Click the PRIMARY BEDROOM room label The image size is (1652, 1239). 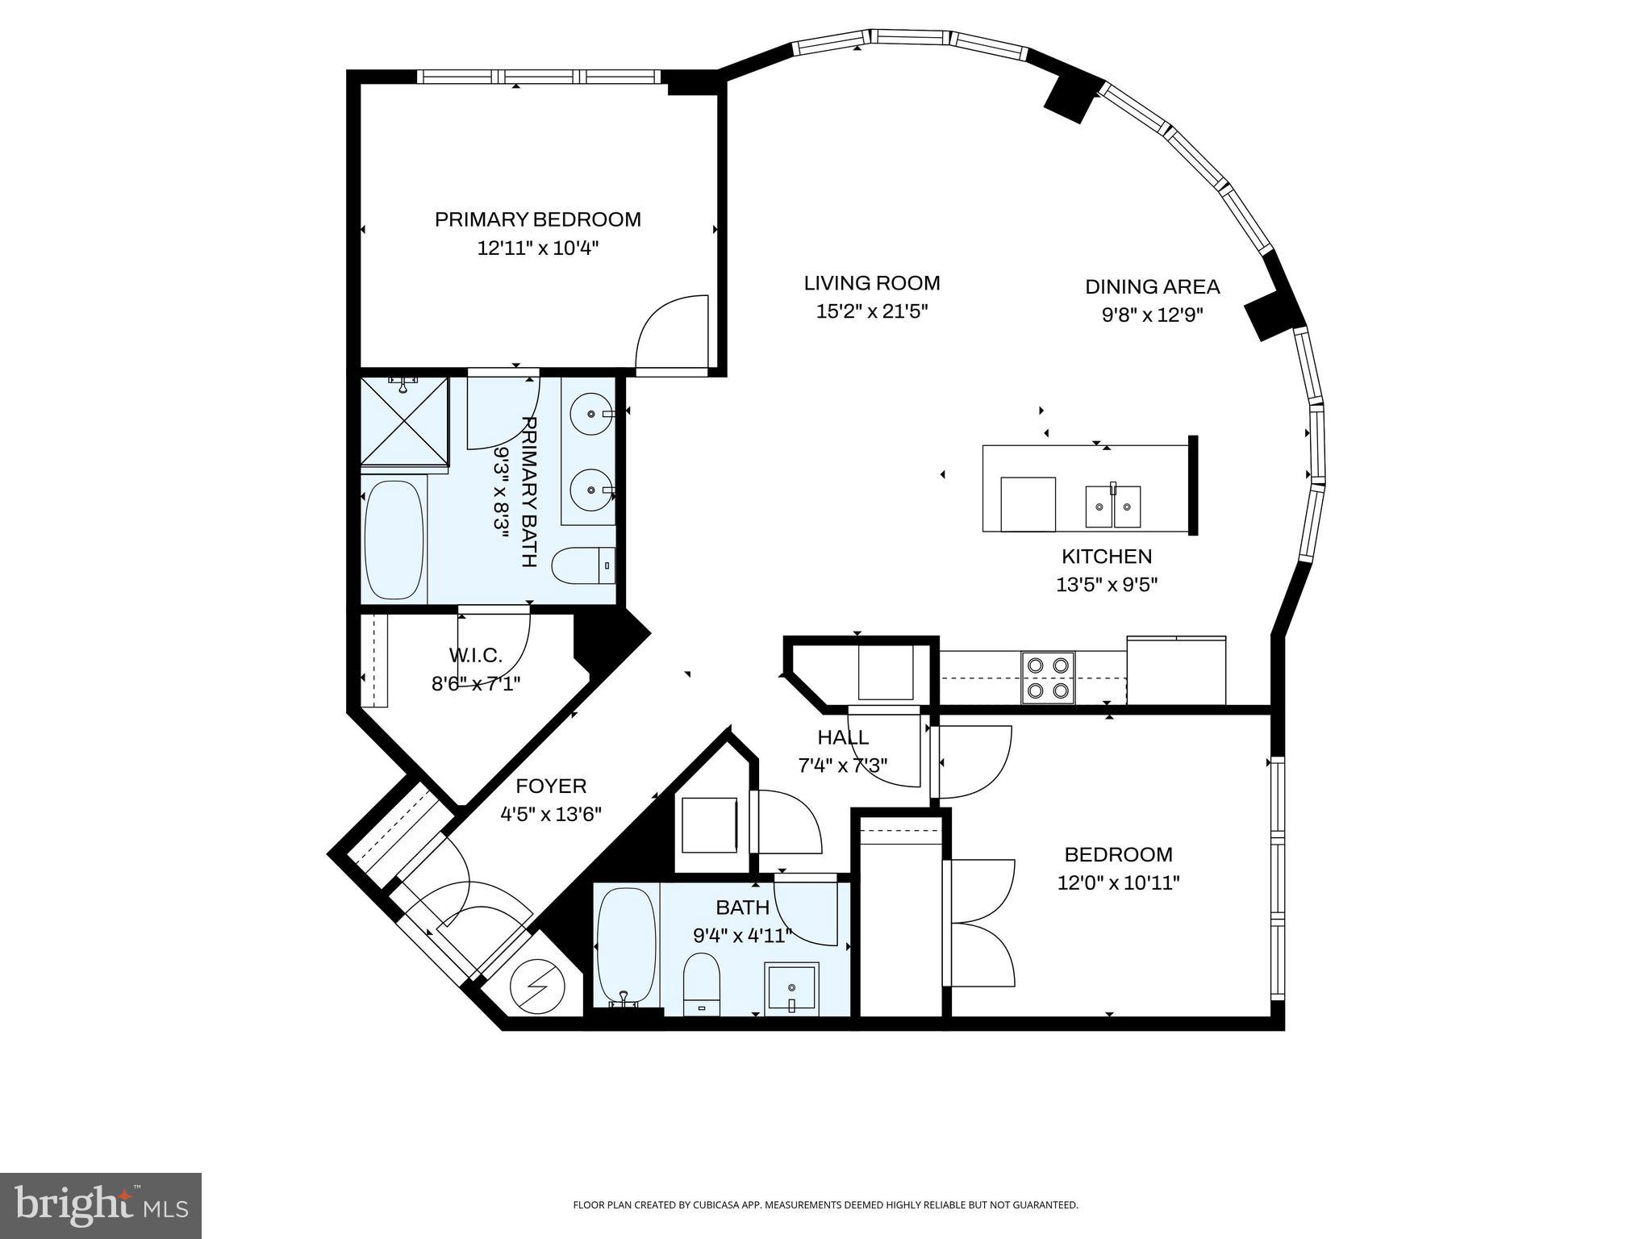click(538, 219)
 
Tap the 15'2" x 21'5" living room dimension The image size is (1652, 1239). click(872, 311)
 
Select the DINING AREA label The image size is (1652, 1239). click(1152, 286)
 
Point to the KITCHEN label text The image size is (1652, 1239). click(1107, 557)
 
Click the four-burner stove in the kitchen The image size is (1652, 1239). click(1048, 678)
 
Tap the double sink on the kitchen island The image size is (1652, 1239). click(1113, 507)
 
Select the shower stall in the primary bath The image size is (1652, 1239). click(404, 421)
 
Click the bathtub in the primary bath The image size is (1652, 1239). click(394, 540)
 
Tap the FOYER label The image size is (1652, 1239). click(551, 786)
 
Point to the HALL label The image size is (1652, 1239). click(843, 737)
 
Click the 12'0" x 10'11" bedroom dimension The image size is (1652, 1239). click(1119, 883)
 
